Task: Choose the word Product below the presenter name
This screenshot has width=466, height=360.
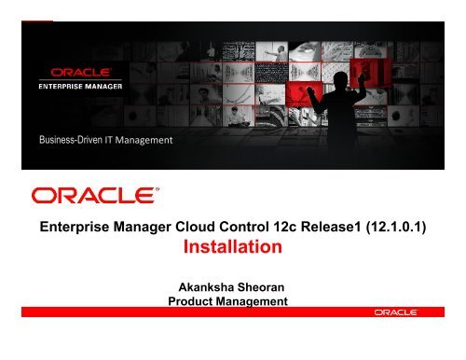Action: tap(188, 302)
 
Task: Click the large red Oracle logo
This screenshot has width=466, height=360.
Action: tap(92, 195)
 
